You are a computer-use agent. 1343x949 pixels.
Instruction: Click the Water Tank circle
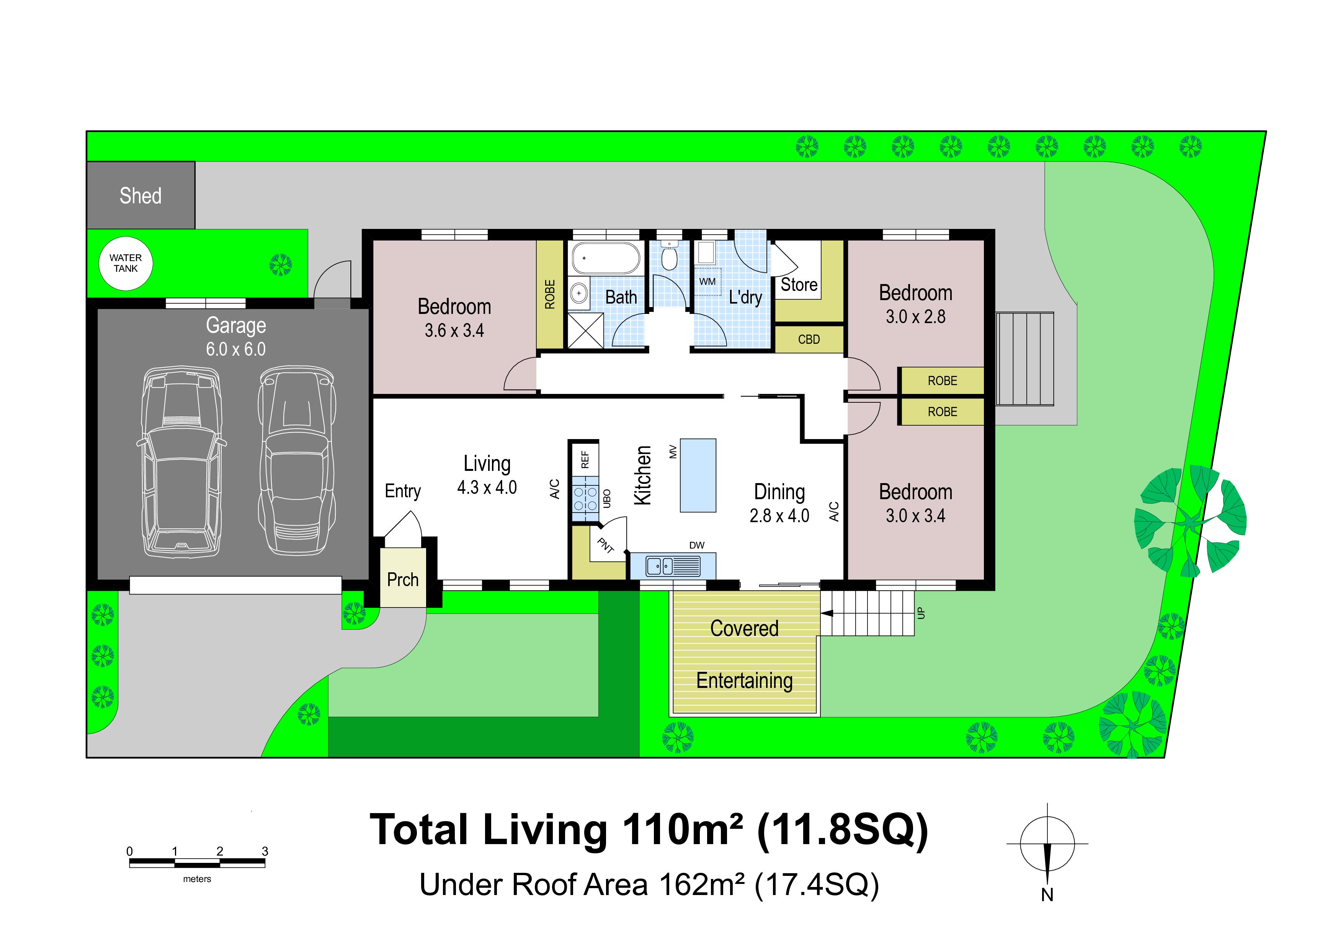(126, 264)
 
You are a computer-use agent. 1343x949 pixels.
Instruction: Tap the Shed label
(141, 196)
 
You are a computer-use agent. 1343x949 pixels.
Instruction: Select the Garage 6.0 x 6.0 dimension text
(236, 349)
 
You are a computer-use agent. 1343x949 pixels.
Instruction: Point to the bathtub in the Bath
(606, 258)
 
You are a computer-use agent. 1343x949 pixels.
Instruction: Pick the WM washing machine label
(707, 281)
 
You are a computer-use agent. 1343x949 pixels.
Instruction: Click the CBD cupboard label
(809, 339)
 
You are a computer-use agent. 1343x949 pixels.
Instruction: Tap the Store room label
(799, 285)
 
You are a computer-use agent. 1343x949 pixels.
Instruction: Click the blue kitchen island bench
(698, 475)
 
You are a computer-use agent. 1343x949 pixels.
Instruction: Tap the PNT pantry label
(605, 546)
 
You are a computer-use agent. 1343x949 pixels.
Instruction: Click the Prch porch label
(403, 580)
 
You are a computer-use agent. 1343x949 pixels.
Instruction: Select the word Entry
(402, 491)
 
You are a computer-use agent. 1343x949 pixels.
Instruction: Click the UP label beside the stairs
(921, 613)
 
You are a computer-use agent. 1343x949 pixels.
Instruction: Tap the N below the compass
(1047, 895)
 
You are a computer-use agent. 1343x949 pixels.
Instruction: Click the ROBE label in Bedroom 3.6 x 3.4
(550, 294)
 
